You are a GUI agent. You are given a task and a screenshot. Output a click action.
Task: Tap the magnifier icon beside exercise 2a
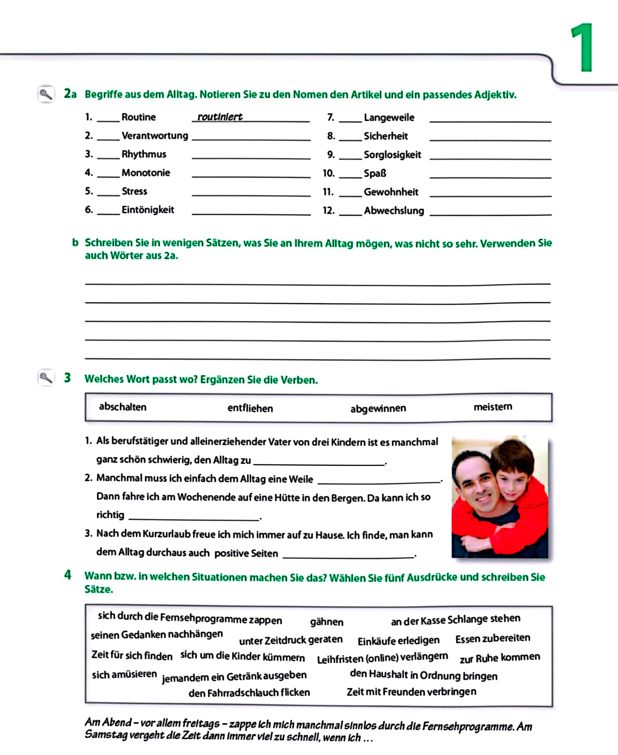46,94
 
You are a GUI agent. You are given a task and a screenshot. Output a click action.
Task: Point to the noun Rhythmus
144,154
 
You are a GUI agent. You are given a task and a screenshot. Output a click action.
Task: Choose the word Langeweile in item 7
389,118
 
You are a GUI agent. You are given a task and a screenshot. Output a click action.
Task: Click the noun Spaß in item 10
375,173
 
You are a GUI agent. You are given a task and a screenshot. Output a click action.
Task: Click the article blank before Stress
108,192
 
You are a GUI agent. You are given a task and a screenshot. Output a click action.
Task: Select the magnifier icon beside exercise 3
46,377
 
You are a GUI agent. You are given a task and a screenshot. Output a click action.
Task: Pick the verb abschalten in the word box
122,407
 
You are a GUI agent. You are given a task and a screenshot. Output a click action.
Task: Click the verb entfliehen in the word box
250,408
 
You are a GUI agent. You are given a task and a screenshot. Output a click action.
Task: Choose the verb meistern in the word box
493,407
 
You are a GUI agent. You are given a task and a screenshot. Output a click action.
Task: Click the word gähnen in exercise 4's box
326,622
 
